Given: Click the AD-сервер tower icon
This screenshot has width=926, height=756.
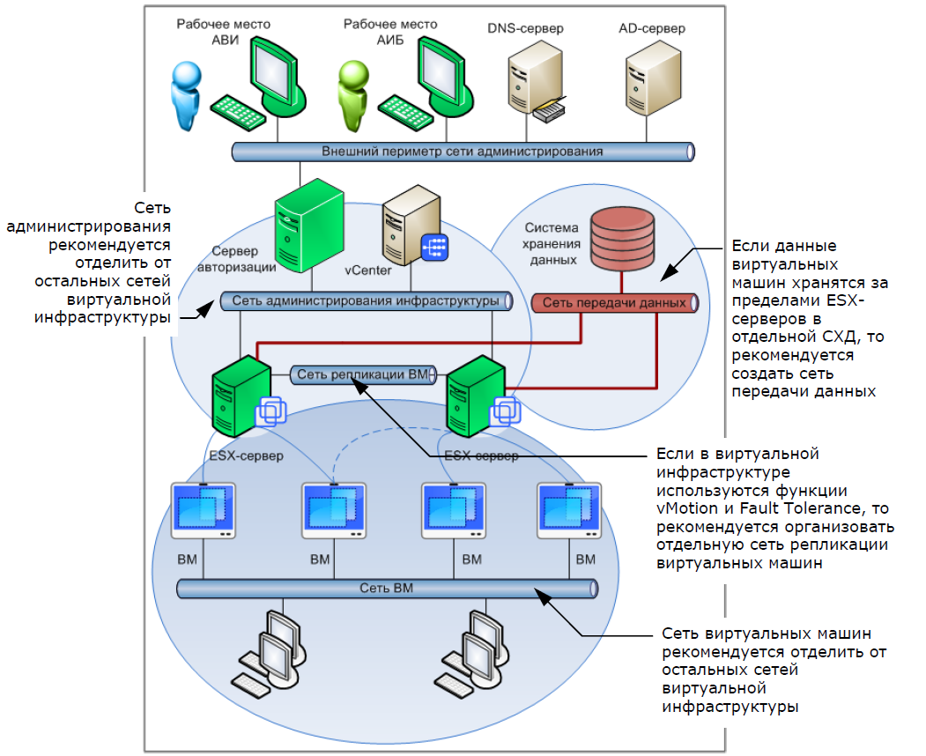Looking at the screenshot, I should pyautogui.click(x=650, y=83).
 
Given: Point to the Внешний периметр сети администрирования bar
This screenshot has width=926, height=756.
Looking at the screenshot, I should pyautogui.click(x=463, y=152).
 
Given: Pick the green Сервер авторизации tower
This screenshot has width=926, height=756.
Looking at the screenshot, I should pyautogui.click(x=305, y=225).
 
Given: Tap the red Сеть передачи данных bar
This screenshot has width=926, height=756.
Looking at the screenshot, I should pyautogui.click(x=614, y=303).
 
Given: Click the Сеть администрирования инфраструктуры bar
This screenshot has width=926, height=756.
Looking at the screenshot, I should pyautogui.click(x=367, y=301).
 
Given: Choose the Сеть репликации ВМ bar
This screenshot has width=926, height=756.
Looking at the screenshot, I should pyautogui.click(x=361, y=374).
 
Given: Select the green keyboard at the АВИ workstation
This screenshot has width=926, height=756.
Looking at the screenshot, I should pyautogui.click(x=237, y=111).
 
